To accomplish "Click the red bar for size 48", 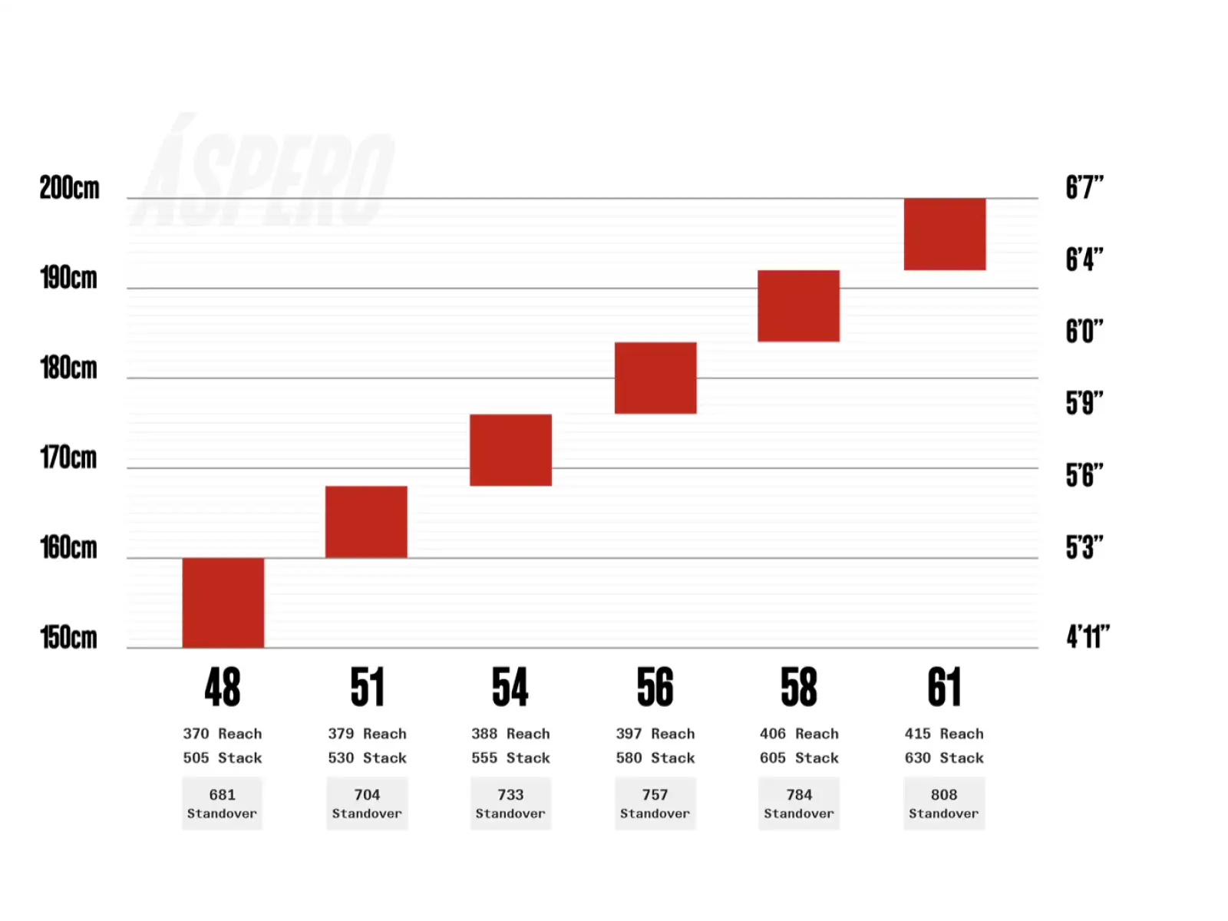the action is (x=223, y=602).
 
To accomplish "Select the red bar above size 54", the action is (x=510, y=450).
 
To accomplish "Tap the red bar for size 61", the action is (x=944, y=234).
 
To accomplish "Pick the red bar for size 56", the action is (x=655, y=378).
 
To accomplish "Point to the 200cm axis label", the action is (x=69, y=187).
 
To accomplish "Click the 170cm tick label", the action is (x=68, y=457).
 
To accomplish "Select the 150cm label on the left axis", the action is (x=68, y=637).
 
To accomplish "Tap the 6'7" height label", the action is (x=1084, y=187).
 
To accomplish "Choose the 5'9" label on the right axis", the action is (x=1084, y=403).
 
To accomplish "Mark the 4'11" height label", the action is (x=1088, y=636).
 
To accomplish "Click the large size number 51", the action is (x=368, y=687).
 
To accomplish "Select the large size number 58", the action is (x=799, y=687).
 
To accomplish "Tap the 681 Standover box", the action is (x=222, y=803).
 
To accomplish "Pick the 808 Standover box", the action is (x=944, y=803).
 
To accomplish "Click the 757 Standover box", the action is (x=655, y=803).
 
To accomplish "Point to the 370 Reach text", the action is (x=222, y=733).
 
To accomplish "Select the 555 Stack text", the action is (x=510, y=758).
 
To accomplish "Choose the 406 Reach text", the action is (x=799, y=733).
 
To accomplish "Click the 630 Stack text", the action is (x=944, y=758).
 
